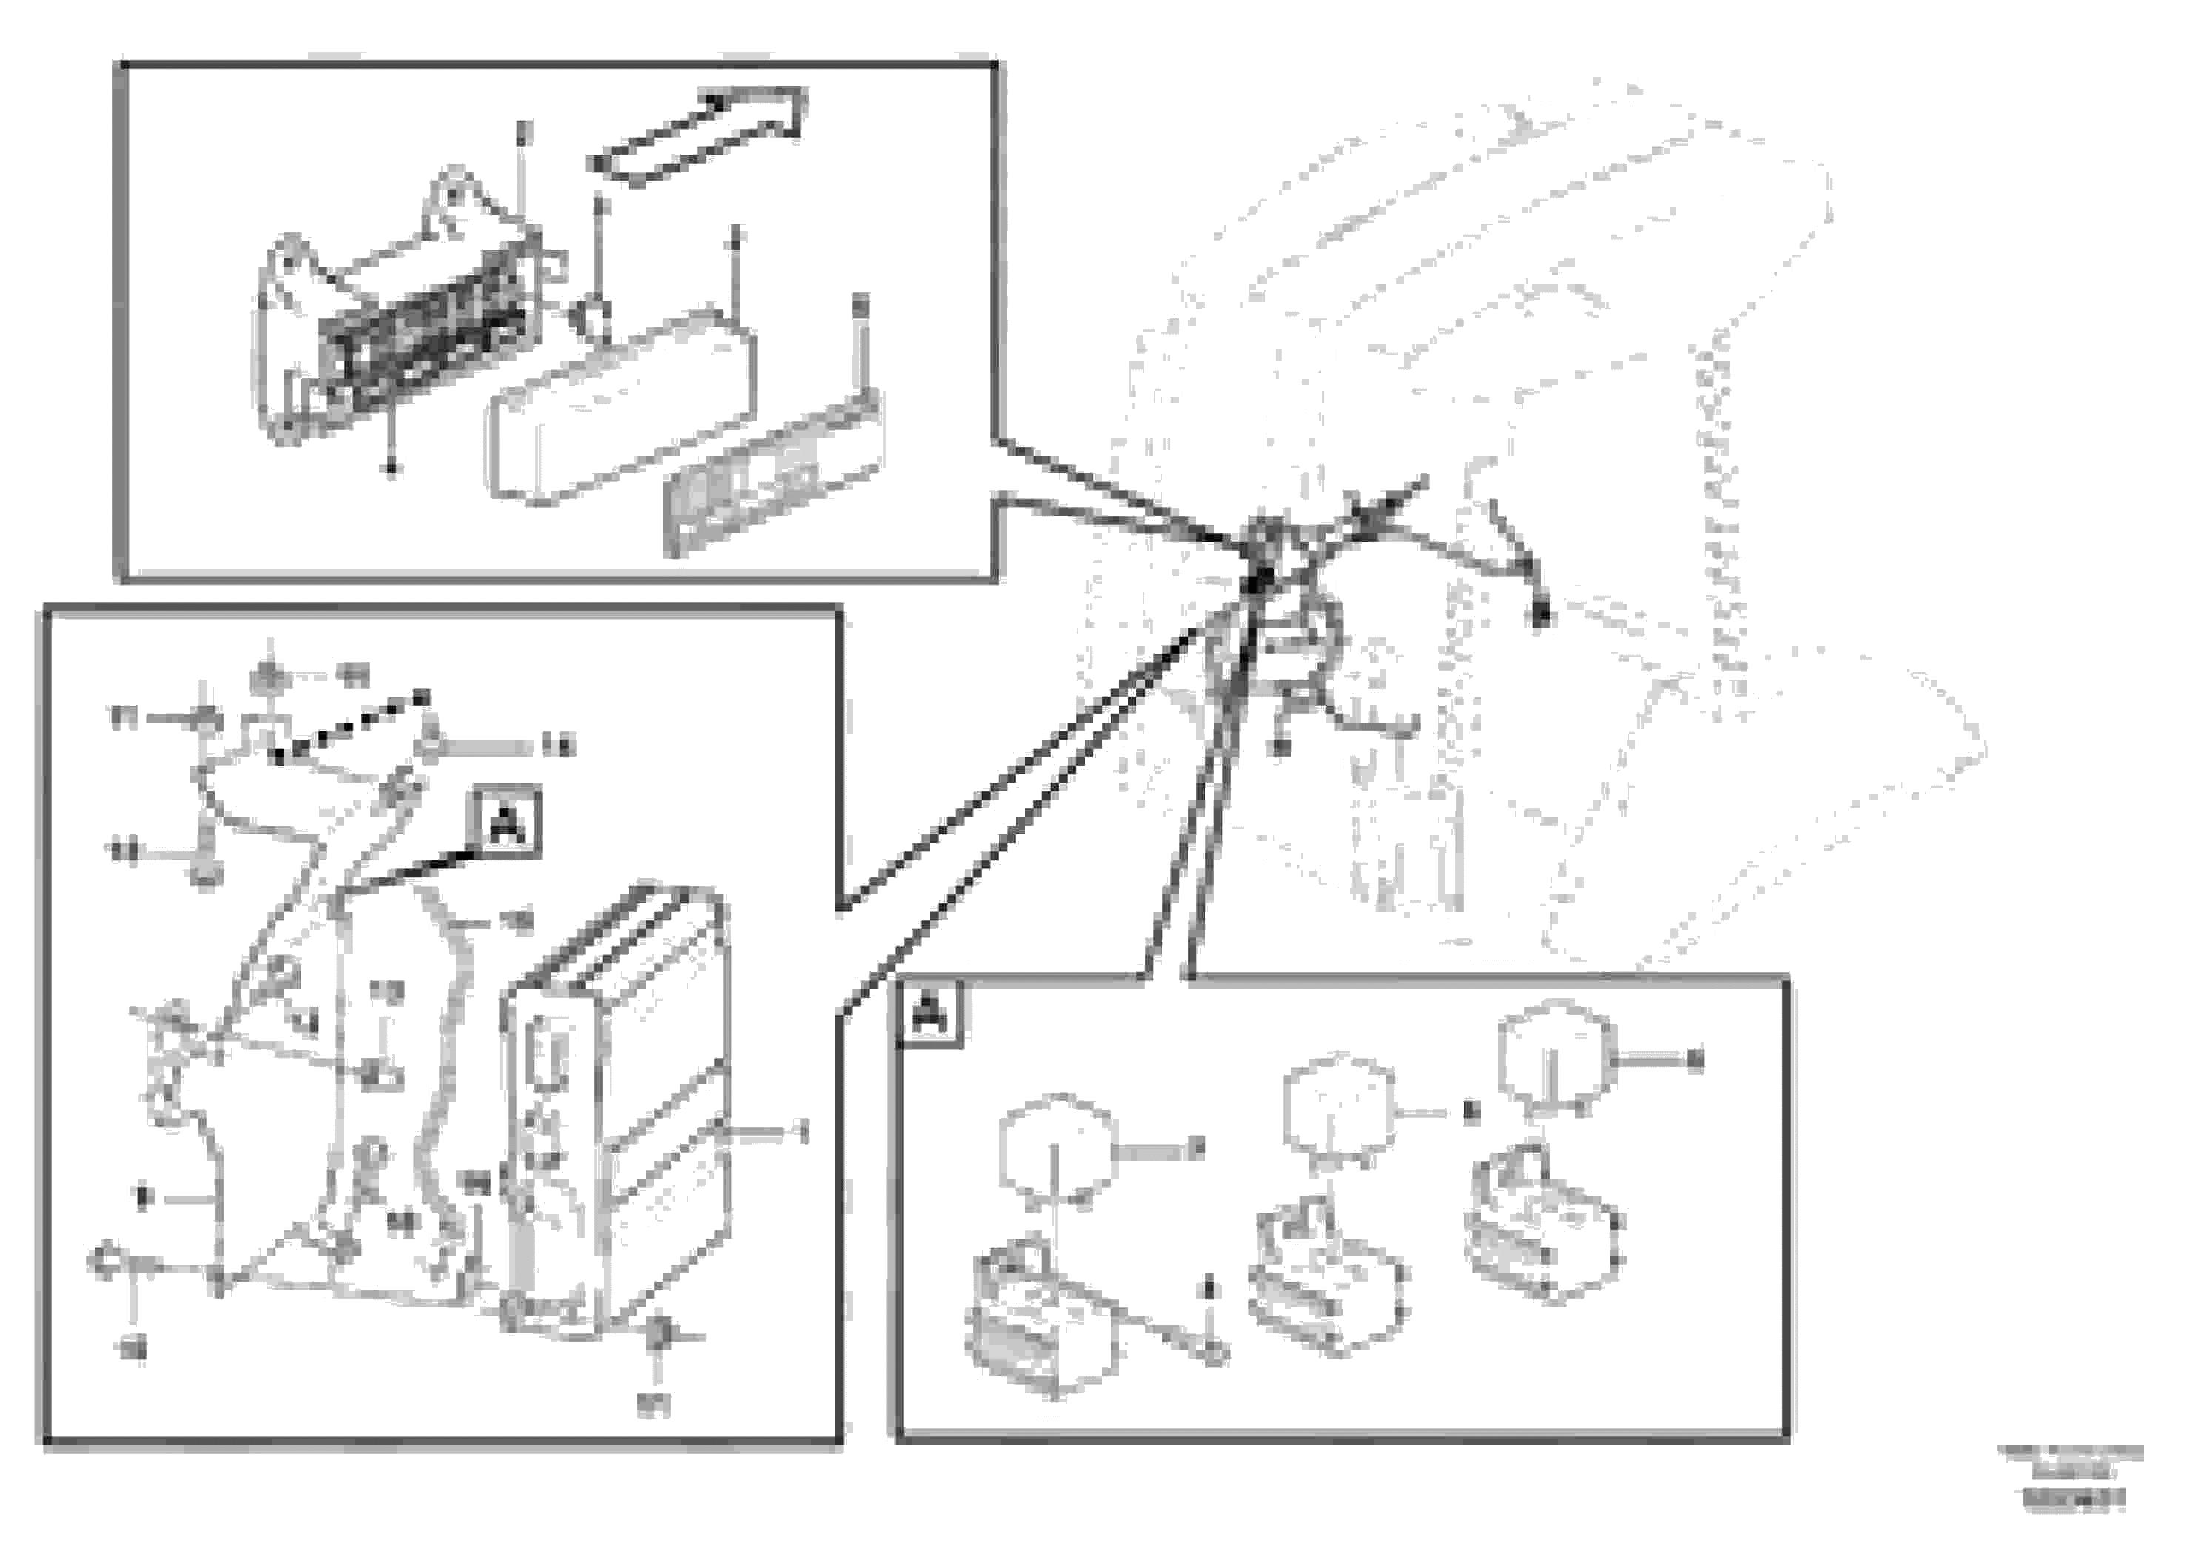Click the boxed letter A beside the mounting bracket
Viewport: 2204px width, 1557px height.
(x=504, y=822)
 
